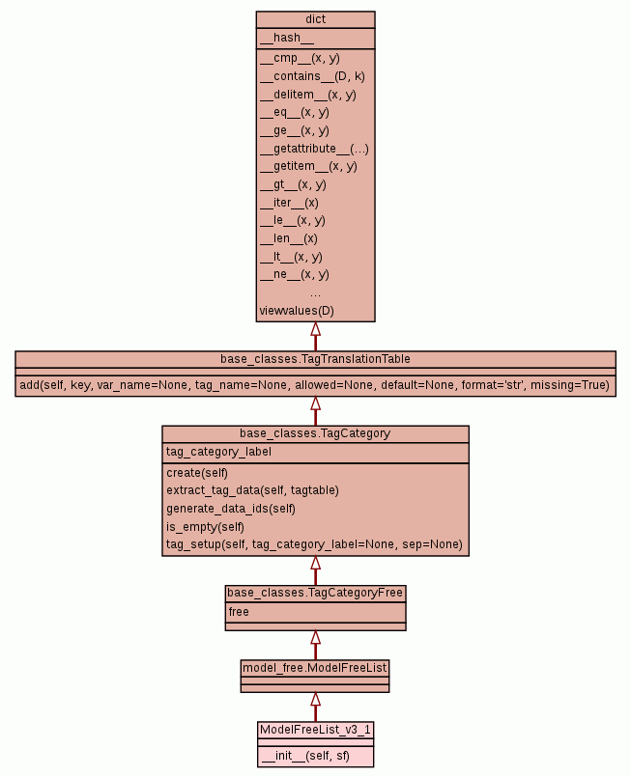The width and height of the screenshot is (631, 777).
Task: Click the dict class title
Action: (315, 18)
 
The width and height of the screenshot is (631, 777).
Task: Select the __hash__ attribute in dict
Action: (286, 38)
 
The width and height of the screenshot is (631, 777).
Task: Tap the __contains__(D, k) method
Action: (312, 76)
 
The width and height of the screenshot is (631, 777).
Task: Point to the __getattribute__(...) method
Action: (314, 149)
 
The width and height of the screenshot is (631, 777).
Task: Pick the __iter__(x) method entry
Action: (289, 203)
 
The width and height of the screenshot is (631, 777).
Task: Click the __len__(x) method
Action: (288, 238)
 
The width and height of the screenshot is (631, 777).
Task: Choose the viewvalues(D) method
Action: (297, 311)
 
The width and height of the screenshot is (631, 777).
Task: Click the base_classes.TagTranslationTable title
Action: (315, 359)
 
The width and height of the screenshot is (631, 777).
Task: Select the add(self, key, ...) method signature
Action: (315, 385)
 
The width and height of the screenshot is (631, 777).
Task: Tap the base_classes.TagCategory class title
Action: (315, 433)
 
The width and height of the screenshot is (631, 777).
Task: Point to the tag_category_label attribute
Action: (218, 452)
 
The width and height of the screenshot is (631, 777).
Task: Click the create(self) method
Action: (197, 472)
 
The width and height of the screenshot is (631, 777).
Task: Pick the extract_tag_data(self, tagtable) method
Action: (252, 490)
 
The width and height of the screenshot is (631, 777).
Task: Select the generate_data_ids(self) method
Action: (230, 509)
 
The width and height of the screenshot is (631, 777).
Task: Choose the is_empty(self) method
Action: (205, 527)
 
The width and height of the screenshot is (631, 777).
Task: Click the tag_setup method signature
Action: (314, 545)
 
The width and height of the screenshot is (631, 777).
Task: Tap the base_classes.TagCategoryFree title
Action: (315, 593)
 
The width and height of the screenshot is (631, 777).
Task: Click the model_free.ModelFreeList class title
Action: (315, 667)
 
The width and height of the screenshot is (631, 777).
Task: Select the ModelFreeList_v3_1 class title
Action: (315, 729)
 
